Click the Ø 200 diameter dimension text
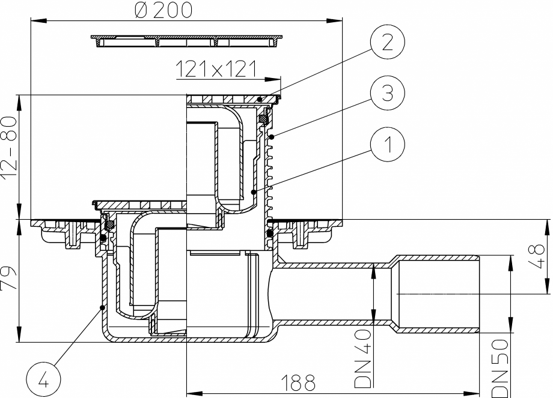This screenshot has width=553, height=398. [163, 11]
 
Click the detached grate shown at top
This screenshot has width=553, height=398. [187, 41]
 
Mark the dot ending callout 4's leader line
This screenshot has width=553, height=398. [102, 308]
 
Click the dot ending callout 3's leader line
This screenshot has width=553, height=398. [272, 137]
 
